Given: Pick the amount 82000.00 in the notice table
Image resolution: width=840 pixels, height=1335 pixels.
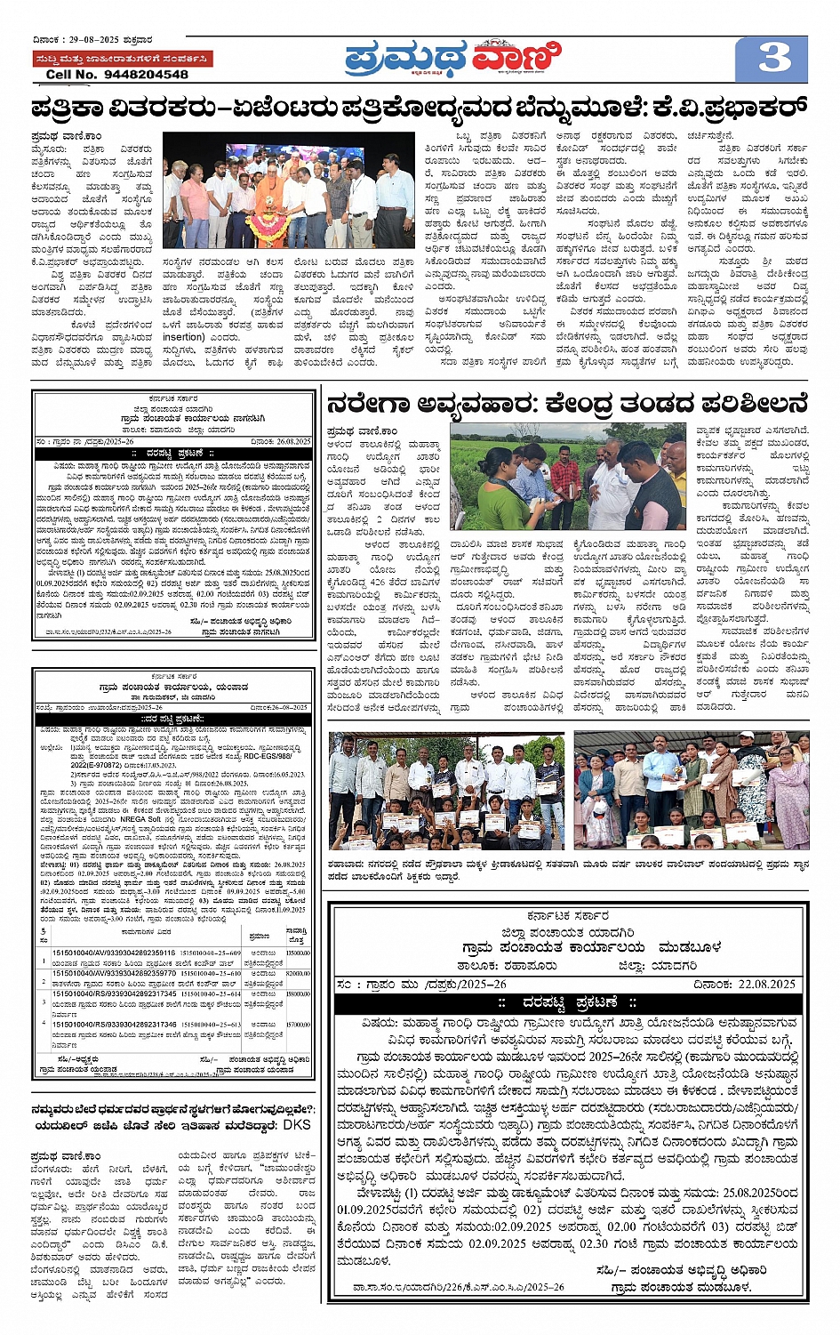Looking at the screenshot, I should pyautogui.click(x=298, y=974).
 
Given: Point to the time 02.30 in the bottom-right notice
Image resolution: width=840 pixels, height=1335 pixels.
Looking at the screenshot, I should pyautogui.click(x=595, y=1243).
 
